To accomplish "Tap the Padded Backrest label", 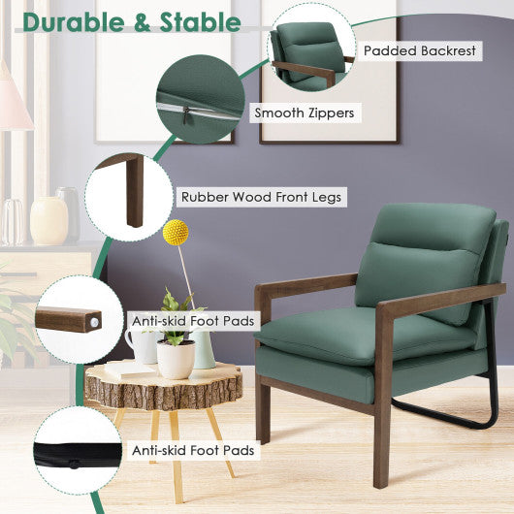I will (420, 49).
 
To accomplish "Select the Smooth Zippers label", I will (304, 113).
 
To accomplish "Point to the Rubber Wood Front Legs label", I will (261, 197).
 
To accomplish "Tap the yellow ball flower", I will (176, 232).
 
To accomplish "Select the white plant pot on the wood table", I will (176, 359).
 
